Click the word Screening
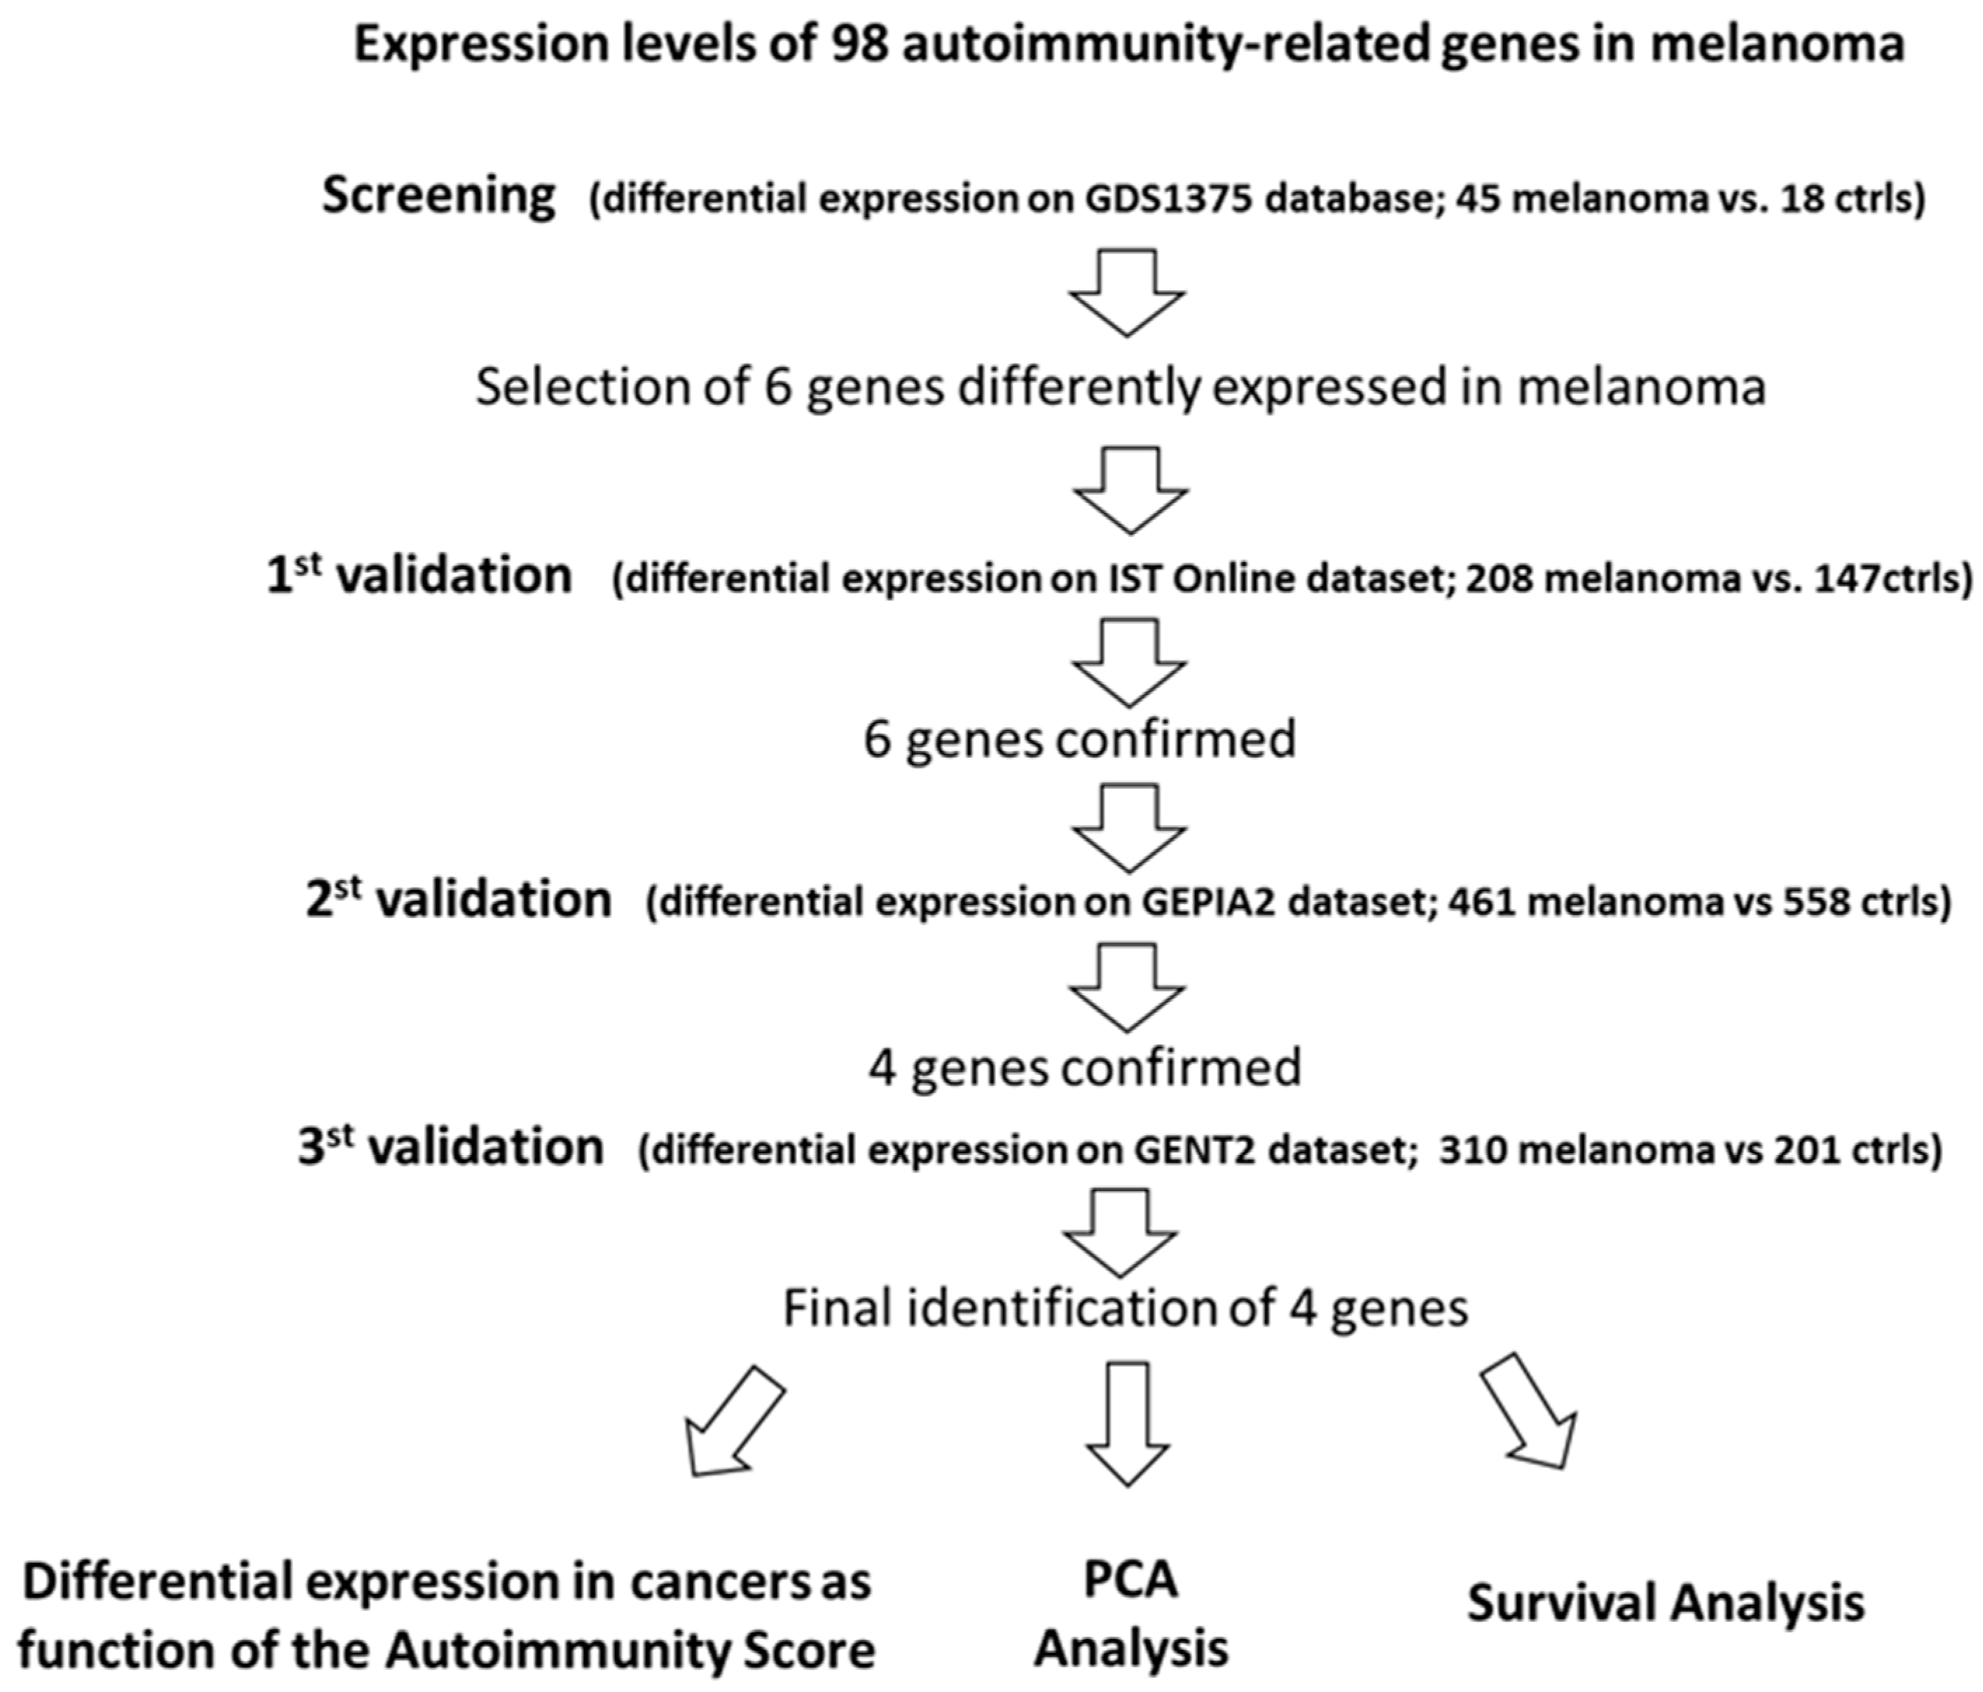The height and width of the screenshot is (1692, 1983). coord(438,196)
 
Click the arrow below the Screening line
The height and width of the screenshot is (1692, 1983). coord(1126,292)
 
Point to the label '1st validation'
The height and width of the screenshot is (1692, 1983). coord(419,576)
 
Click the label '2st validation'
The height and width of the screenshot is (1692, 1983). coord(458,900)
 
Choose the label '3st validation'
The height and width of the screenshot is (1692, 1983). coord(451,1146)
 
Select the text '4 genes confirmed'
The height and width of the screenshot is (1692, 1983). coord(1084,1067)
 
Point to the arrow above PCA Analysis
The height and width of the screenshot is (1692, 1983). coord(1128,1423)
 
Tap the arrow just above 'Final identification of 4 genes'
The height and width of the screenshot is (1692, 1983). coord(1121,1232)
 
